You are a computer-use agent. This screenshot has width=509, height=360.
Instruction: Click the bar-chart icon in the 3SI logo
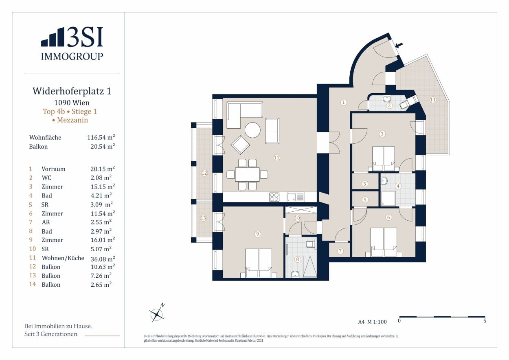(x=53, y=37)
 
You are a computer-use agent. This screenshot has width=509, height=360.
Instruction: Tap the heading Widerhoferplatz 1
(x=72, y=91)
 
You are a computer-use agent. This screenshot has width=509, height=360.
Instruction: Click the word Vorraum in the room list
(x=53, y=169)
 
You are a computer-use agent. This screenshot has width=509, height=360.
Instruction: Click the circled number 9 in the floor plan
(x=257, y=234)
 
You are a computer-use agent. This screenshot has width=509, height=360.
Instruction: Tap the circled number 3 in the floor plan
(x=382, y=134)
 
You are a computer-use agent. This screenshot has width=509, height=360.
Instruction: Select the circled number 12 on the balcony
(x=204, y=173)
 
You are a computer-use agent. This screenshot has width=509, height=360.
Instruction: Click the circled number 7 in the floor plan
(x=340, y=251)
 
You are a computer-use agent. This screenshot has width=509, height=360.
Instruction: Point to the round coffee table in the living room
(x=252, y=130)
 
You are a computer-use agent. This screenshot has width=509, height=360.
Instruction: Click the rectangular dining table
(x=248, y=175)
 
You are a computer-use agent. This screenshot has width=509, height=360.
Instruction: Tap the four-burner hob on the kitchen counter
(x=274, y=197)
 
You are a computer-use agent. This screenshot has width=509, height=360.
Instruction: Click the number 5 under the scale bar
(x=485, y=321)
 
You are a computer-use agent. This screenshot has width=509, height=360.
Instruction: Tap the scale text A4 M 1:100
(x=372, y=322)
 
